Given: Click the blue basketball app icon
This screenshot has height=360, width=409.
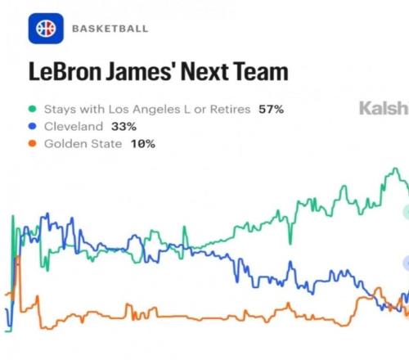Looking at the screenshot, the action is click(x=46, y=29).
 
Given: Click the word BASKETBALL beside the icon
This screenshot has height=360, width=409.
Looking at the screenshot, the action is click(x=110, y=29).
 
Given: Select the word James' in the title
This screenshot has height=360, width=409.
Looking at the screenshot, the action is click(x=141, y=72).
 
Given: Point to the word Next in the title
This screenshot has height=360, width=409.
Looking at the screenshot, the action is click(x=204, y=72).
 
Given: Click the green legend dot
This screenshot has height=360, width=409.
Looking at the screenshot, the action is click(x=33, y=109).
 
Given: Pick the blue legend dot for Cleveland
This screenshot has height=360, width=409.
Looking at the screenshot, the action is click(x=33, y=126).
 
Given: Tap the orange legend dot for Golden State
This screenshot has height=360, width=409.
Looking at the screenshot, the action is click(x=33, y=143).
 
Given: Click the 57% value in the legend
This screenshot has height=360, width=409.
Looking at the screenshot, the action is click(x=272, y=110).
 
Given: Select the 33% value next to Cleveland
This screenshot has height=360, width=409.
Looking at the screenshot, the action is click(x=124, y=127).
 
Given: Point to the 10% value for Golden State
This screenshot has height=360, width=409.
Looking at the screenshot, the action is click(x=143, y=144).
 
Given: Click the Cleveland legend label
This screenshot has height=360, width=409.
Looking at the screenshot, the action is click(x=74, y=127).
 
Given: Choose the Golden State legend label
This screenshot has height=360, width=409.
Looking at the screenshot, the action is click(x=83, y=144).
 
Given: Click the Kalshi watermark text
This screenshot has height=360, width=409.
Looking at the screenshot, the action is click(x=384, y=108).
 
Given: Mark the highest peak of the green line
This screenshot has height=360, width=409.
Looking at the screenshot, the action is click(x=395, y=169).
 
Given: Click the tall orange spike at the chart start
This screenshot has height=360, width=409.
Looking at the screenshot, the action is click(x=18, y=258).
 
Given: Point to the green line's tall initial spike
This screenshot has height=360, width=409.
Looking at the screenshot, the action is click(x=13, y=216).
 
